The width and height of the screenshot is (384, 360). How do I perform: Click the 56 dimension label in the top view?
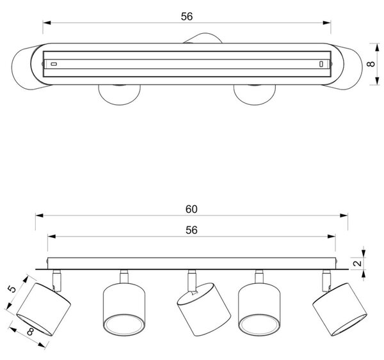point(187,17)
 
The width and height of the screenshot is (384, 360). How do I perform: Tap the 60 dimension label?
point(191,209)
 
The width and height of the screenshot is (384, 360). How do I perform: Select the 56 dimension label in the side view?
point(191,230)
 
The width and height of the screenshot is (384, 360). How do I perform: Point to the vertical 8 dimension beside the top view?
point(371,64)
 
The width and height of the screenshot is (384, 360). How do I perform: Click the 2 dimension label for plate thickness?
point(358,263)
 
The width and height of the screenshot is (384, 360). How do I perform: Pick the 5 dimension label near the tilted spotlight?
point(12,289)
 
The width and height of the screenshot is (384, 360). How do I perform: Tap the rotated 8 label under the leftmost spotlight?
point(30,332)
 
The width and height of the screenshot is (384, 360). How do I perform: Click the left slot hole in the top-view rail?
point(54,64)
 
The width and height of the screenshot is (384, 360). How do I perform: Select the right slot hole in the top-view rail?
point(321,64)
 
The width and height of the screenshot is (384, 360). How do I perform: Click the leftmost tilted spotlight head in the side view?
point(44,309)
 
